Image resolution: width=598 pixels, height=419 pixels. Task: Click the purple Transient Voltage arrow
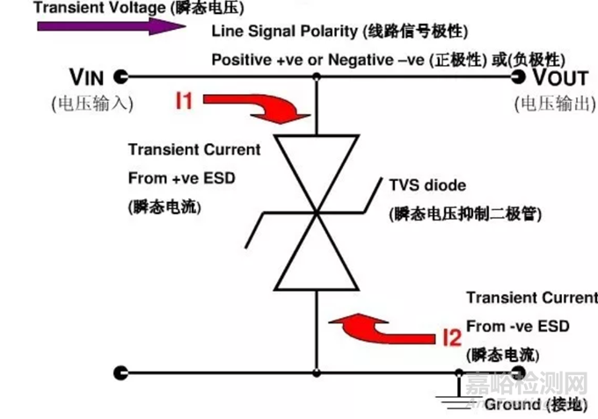point(106,25)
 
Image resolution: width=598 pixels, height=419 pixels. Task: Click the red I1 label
point(184,102)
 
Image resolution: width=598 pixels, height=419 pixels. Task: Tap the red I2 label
point(451,336)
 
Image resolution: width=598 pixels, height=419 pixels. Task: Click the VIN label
point(87,76)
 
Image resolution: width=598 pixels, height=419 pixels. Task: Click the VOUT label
point(558,76)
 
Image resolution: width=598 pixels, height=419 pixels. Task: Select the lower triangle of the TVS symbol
point(317,256)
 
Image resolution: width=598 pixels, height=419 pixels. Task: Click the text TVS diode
point(427,186)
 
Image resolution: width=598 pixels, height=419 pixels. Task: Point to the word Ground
point(512,404)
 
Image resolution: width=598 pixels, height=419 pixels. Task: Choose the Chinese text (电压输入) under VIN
point(91,103)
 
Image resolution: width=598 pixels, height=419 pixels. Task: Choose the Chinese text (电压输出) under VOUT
point(554,103)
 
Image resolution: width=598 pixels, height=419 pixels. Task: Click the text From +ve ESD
point(181,179)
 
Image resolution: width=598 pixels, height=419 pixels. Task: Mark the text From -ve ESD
point(517,327)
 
